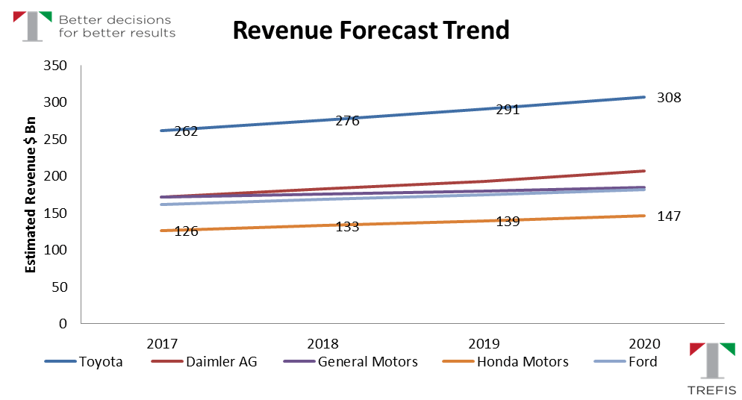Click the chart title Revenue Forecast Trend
pyautogui.click(x=370, y=31)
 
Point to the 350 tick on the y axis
pyautogui.click(x=57, y=66)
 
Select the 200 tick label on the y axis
pyautogui.click(x=57, y=176)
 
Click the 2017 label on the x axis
pyautogui.click(x=162, y=344)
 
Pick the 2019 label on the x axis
pyautogui.click(x=484, y=344)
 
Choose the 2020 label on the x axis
pyautogui.click(x=645, y=344)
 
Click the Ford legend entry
pyautogui.click(x=643, y=362)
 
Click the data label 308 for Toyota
pyautogui.click(x=669, y=98)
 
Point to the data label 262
pyautogui.click(x=186, y=131)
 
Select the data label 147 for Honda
pyautogui.click(x=669, y=216)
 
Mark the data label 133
pyautogui.click(x=347, y=227)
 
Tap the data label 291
pyautogui.click(x=508, y=109)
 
